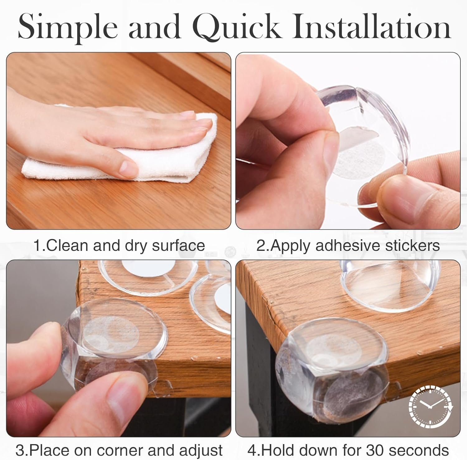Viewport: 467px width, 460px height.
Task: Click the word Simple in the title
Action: tap(67, 29)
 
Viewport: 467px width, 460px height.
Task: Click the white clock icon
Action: tap(431, 406)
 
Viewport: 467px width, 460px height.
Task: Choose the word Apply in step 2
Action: tap(291, 246)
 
